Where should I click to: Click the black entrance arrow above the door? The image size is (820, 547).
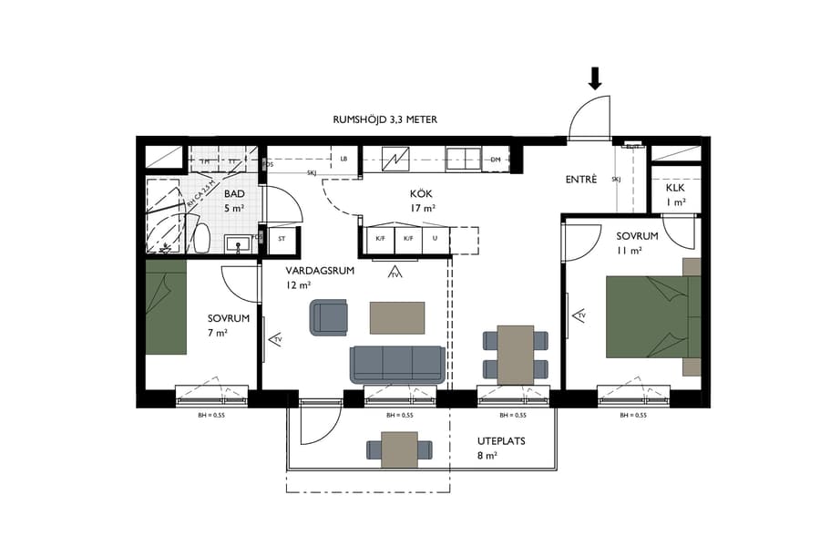coord(596,79)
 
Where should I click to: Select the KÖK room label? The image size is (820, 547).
coord(420,194)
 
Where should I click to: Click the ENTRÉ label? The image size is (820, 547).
coord(581,181)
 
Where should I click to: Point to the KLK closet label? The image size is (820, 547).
coord(675,188)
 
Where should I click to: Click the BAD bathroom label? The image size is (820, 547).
coord(234,195)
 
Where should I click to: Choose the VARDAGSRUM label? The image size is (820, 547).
coord(319,272)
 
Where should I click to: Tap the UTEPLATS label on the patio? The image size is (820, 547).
coord(501,441)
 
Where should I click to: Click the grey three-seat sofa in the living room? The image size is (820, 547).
coord(397,364)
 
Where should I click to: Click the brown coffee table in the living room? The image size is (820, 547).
coord(396,317)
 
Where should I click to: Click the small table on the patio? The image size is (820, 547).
coord(399,449)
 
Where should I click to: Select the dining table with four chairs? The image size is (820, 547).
coord(516,354)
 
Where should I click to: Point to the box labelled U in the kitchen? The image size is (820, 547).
coord(436,239)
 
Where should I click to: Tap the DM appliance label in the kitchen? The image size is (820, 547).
coord(496,160)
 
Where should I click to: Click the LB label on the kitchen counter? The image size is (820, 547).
coord(343,160)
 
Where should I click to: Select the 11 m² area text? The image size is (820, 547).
coord(630,250)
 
